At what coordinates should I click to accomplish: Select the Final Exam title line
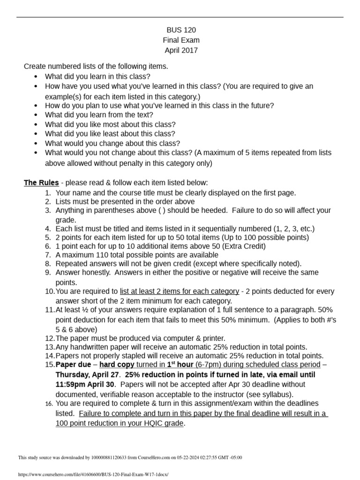(x=181, y=40)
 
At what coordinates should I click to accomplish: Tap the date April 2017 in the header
(x=181, y=50)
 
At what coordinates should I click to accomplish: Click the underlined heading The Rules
(x=41, y=182)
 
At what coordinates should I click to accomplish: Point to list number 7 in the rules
(x=48, y=255)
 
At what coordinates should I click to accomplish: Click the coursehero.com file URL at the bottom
(x=92, y=474)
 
